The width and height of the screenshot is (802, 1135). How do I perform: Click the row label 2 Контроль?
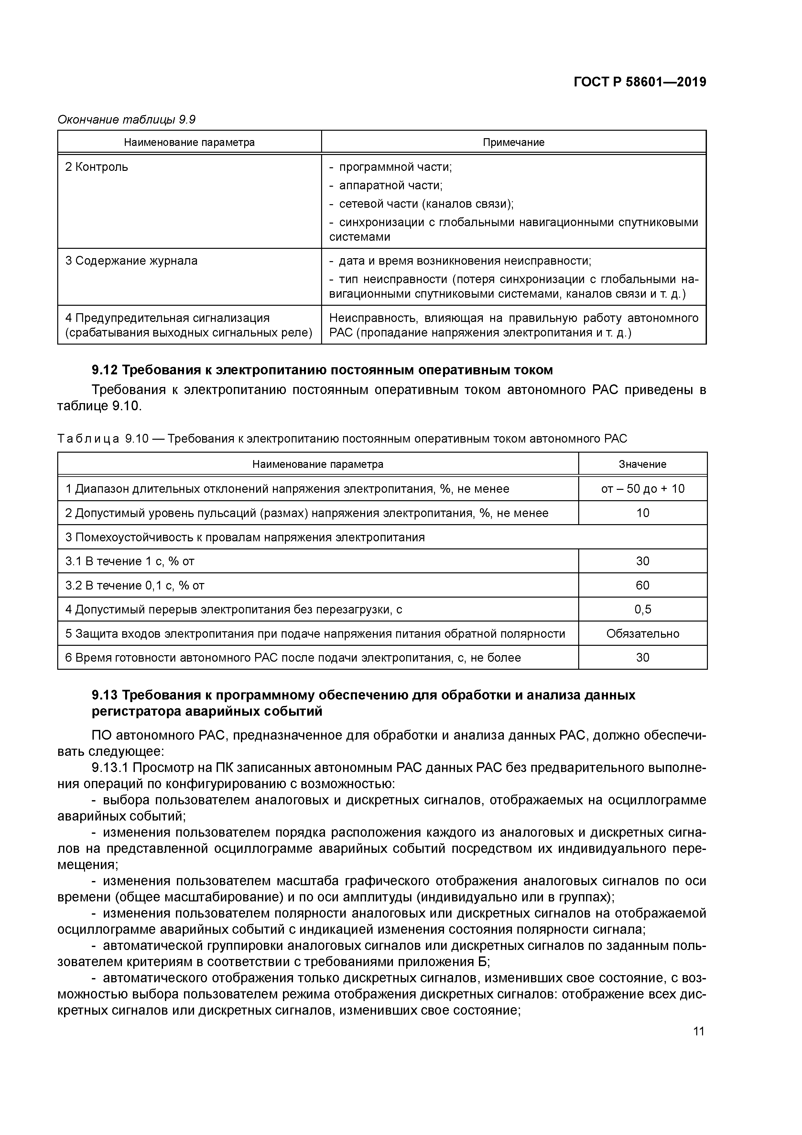pyautogui.click(x=96, y=167)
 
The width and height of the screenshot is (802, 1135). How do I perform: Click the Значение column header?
pyautogui.click(x=642, y=464)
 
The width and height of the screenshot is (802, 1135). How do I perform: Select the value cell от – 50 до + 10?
pyautogui.click(x=642, y=489)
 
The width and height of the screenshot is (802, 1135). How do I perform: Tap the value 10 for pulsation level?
pyautogui.click(x=642, y=513)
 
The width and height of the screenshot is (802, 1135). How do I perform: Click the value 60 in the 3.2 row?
pyautogui.click(x=642, y=585)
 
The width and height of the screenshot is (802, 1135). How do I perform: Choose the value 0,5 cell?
pyautogui.click(x=642, y=610)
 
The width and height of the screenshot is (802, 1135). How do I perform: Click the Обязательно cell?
pyautogui.click(x=642, y=634)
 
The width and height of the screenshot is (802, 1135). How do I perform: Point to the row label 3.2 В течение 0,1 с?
pyautogui.click(x=135, y=585)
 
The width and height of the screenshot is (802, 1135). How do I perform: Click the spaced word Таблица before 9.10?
pyautogui.click(x=88, y=438)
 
